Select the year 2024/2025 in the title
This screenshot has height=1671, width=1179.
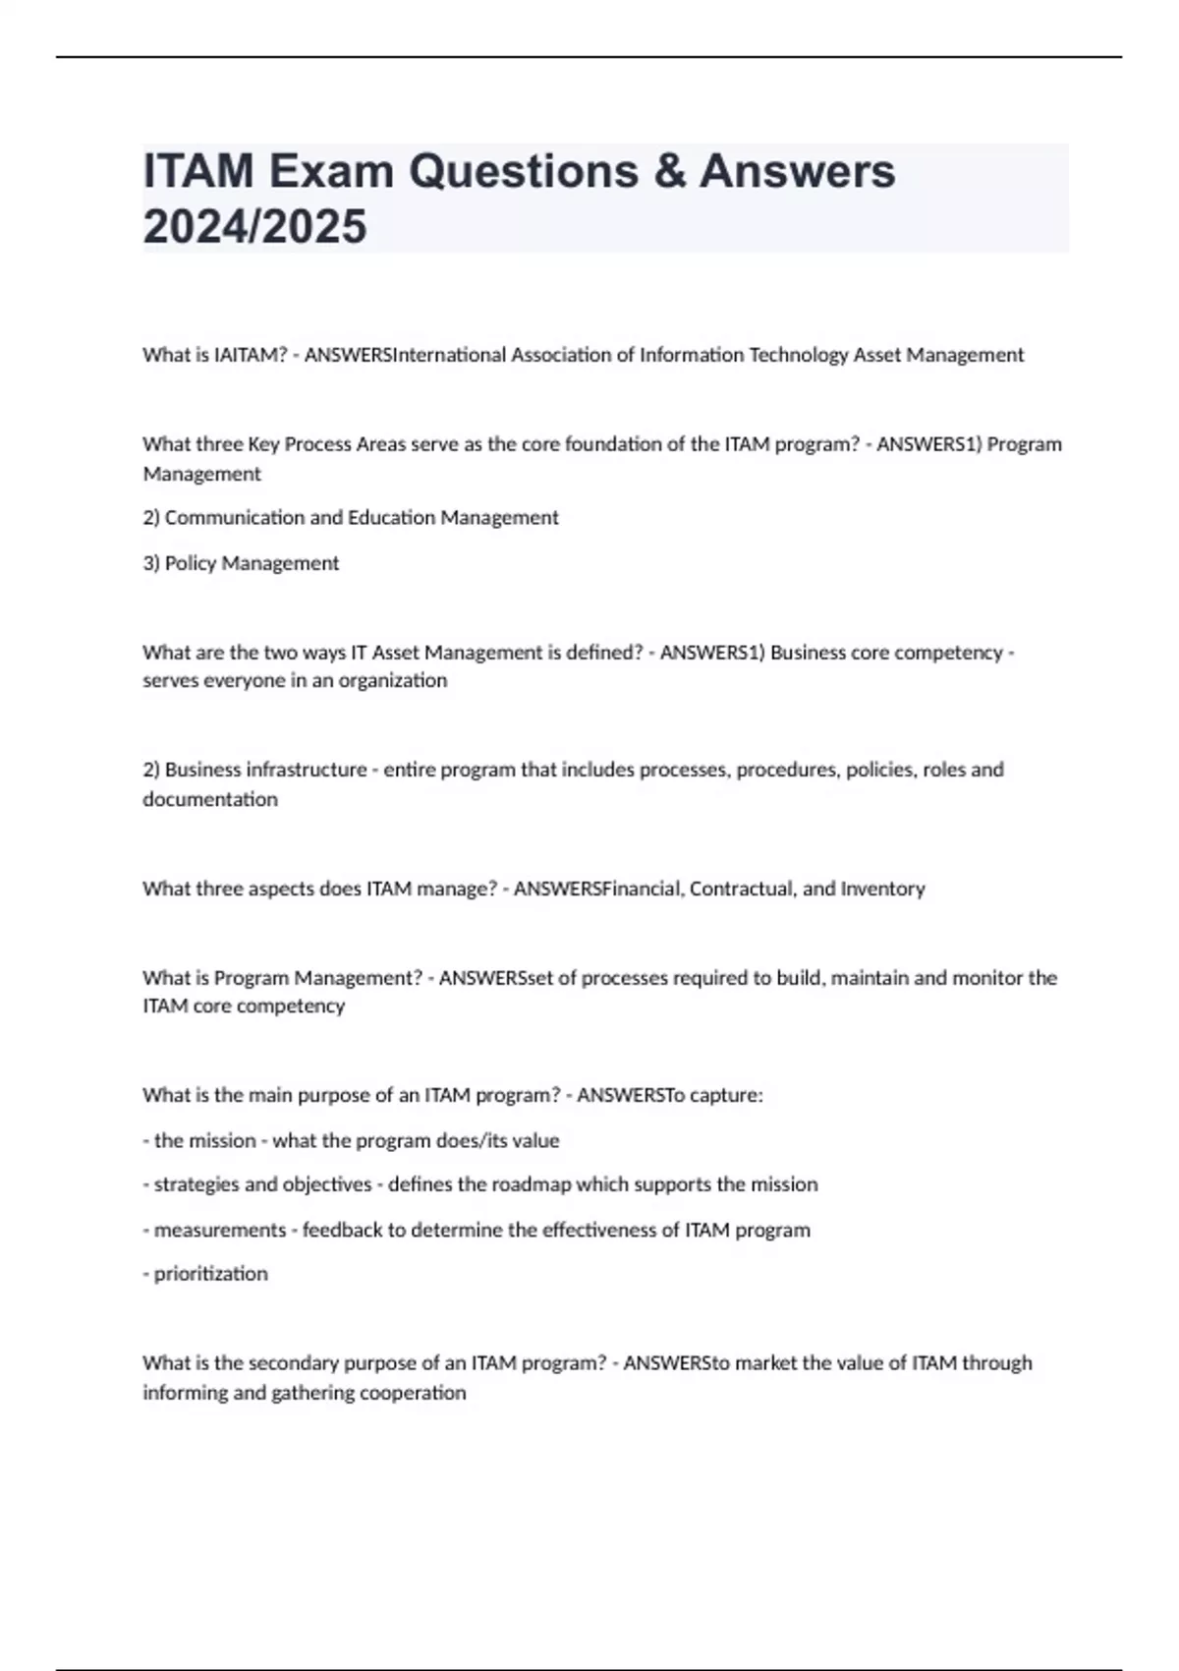254,227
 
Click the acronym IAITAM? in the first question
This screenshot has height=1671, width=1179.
250,355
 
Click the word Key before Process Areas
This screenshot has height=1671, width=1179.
263,444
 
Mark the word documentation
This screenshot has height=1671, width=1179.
210,799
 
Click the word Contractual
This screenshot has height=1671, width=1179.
743,889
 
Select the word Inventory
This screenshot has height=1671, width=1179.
882,889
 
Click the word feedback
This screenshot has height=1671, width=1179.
342,1230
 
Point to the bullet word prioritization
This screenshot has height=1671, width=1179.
210,1274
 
